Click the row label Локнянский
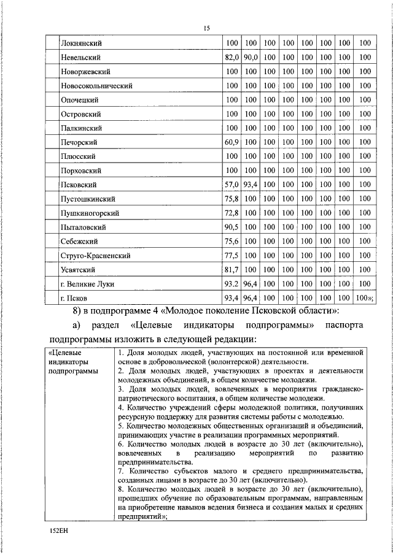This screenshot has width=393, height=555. click(81, 43)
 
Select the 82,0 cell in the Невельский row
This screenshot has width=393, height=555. click(231, 57)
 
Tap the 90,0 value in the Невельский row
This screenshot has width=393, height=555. click(250, 57)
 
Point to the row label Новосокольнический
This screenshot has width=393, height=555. click(96, 85)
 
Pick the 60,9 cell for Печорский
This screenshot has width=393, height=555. click(231, 142)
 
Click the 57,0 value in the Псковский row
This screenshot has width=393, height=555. click(231, 185)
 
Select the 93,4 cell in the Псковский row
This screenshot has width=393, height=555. click(250, 185)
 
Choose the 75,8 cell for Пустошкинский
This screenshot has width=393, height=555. click(231, 199)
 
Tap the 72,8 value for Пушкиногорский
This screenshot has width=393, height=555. click(231, 213)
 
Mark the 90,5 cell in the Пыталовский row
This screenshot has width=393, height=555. click(231, 227)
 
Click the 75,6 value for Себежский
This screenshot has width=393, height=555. click(231, 241)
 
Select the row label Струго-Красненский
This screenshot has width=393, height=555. click(96, 256)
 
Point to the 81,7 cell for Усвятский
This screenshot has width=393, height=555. click(231, 270)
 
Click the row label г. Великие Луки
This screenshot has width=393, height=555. click(87, 284)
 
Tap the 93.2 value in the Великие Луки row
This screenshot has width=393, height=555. click(231, 284)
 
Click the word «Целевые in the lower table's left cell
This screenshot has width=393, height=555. click(65, 353)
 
